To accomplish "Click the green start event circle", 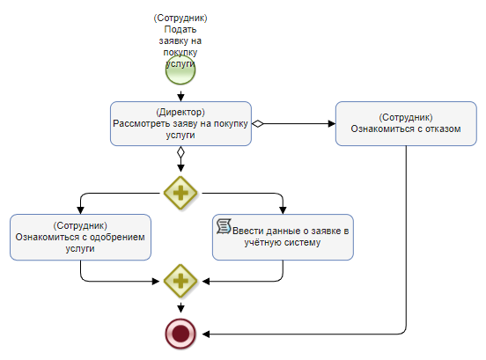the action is click(180, 70).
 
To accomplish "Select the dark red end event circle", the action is click(180, 334).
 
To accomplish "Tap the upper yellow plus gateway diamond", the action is click(180, 193).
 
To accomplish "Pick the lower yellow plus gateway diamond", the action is click(180, 281).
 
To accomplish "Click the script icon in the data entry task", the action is click(224, 226).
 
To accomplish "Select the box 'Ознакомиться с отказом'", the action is click(406, 123).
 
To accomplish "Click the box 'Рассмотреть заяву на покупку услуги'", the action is click(180, 123).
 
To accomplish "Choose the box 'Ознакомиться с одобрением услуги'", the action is click(80, 237).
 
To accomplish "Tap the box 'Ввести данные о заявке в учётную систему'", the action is click(283, 237).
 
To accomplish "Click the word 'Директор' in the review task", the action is click(180, 112).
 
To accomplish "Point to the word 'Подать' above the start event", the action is click(180, 29).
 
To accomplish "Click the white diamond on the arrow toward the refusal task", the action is click(258, 123).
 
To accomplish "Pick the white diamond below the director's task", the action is click(180, 152).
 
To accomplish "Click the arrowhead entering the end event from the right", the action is click(206, 334).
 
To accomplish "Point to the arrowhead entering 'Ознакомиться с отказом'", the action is click(332, 123).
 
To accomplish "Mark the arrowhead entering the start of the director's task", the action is click(180, 98).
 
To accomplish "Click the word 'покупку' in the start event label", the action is click(180, 52).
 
